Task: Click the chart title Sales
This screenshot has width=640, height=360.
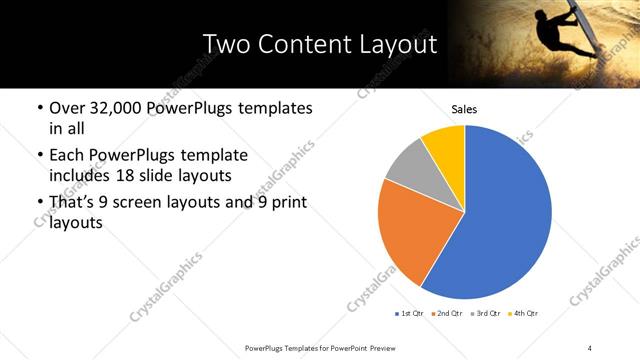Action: tap(464, 108)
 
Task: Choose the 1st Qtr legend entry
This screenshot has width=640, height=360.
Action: tap(409, 314)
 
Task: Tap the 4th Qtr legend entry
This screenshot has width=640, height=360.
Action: tap(523, 314)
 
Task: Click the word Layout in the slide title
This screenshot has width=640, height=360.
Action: tap(392, 46)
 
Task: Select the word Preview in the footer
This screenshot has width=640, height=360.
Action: tap(391, 347)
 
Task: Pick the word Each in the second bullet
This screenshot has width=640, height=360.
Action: tap(67, 155)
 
